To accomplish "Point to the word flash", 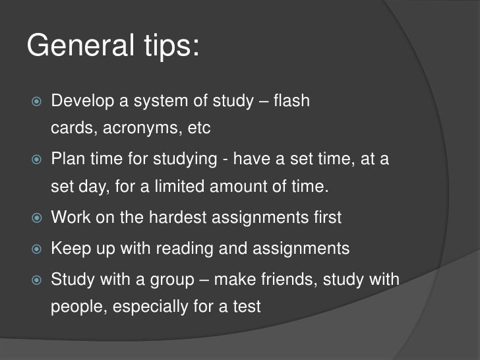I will [x=291, y=102].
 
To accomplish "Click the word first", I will [x=326, y=217].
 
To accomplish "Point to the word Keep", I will [x=69, y=249].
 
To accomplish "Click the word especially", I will [x=148, y=307].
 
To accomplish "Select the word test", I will [x=247, y=307].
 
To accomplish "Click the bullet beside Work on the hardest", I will [x=36, y=218].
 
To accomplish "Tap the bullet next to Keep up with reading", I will [x=36, y=249].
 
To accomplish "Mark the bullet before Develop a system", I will [x=36, y=102].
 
